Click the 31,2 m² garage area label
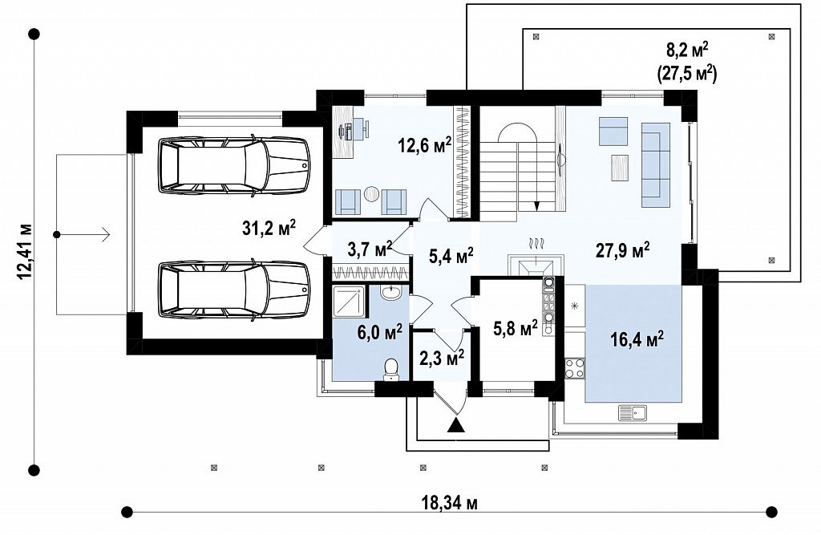[269, 228]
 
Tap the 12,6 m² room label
[425, 145]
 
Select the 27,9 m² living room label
[623, 250]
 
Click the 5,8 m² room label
[516, 329]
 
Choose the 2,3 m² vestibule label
[442, 358]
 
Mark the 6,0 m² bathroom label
[379, 332]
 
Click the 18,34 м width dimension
[449, 504]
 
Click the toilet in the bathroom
[390, 369]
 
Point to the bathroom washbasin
[390, 293]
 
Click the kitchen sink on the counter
[633, 412]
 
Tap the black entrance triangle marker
[457, 424]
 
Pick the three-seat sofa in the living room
[656, 164]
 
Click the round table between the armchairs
[371, 194]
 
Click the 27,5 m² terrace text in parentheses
[686, 73]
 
